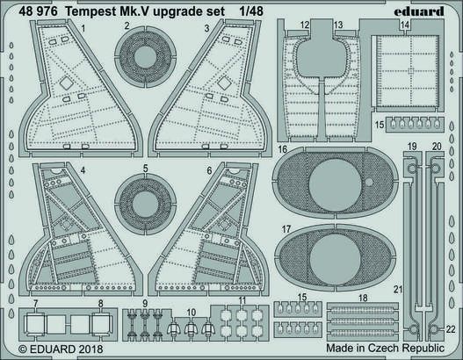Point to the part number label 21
click(396, 289)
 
